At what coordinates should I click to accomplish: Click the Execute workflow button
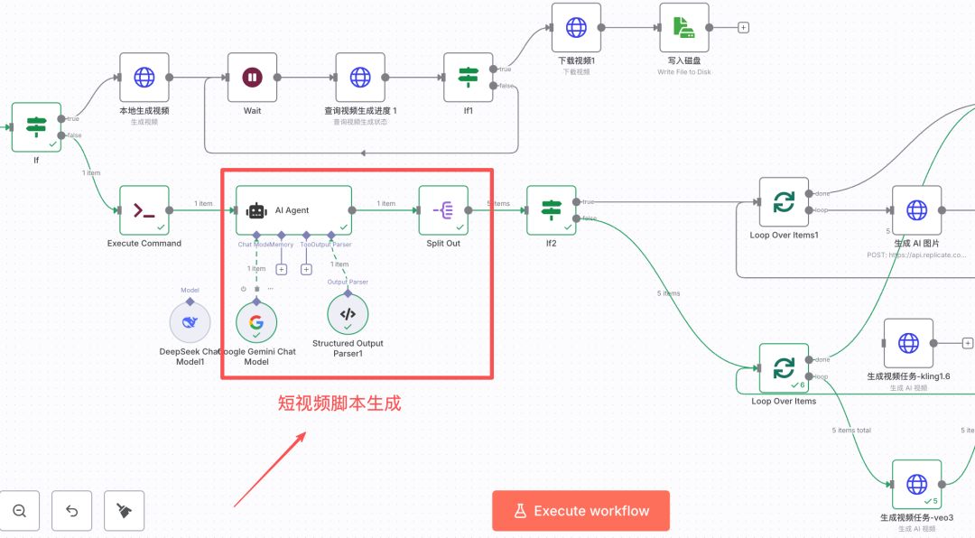point(580,511)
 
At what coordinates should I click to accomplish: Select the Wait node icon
point(252,78)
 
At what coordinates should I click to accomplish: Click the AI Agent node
point(293,210)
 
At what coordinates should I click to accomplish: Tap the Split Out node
point(443,210)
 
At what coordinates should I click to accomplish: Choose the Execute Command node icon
point(144,210)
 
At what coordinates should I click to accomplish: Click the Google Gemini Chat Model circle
point(256,322)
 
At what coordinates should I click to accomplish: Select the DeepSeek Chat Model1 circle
point(190,322)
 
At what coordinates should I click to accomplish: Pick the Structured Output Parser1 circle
point(348,314)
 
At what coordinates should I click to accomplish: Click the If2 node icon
point(551,210)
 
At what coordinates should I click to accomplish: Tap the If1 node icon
point(468,78)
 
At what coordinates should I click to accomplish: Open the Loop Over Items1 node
point(784,202)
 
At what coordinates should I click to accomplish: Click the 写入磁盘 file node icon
point(684,28)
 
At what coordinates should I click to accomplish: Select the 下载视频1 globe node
point(576,28)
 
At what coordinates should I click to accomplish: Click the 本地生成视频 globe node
point(144,78)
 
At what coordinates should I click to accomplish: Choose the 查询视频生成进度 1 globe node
point(360,78)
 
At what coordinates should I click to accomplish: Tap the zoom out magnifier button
point(20,511)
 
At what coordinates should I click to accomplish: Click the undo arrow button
point(72,511)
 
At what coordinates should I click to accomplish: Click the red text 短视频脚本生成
point(339,403)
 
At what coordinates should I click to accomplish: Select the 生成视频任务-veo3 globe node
point(916,485)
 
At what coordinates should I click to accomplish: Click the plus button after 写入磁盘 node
point(744,27)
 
